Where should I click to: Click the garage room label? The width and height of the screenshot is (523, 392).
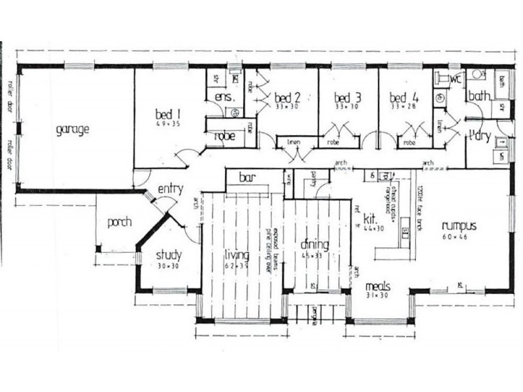[72, 129]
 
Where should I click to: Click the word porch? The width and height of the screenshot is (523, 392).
[120, 222]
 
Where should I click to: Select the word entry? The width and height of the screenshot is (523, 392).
[170, 189]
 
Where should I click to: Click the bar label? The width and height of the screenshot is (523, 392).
[247, 177]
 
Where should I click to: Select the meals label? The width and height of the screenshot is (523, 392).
[378, 286]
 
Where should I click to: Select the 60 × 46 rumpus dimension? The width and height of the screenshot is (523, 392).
[456, 236]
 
